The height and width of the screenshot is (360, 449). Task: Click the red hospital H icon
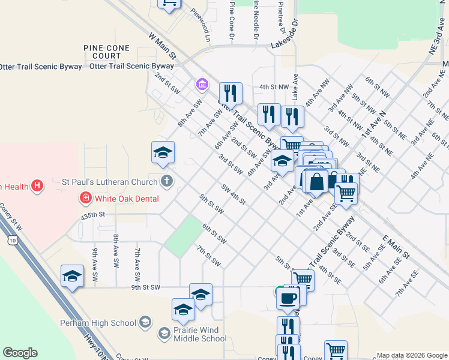click(x=37, y=186)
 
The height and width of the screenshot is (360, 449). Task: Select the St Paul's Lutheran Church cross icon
click(x=166, y=181)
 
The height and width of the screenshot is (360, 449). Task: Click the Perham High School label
click(x=98, y=323)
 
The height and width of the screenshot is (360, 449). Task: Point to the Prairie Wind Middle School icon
click(x=164, y=333)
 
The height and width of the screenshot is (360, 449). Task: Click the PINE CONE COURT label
click(x=107, y=52)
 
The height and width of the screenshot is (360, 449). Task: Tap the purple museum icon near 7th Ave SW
click(x=201, y=85)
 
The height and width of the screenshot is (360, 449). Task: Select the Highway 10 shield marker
click(x=13, y=241)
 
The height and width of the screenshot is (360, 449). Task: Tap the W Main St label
click(x=162, y=46)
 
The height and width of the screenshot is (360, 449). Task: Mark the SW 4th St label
click(x=234, y=194)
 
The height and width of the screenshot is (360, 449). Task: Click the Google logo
click(x=20, y=353)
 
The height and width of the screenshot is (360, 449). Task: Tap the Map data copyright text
click(x=411, y=355)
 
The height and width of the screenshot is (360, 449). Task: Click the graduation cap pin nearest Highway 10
click(x=72, y=276)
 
